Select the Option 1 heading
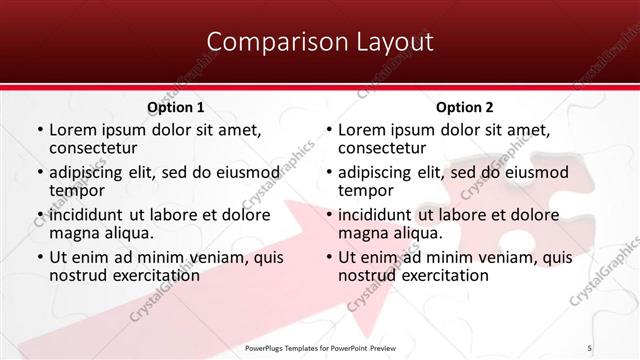point(176,107)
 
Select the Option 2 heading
point(464,107)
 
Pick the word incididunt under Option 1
point(88,215)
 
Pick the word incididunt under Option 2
point(376,215)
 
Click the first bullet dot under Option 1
point(39,131)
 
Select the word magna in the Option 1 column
point(75,233)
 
